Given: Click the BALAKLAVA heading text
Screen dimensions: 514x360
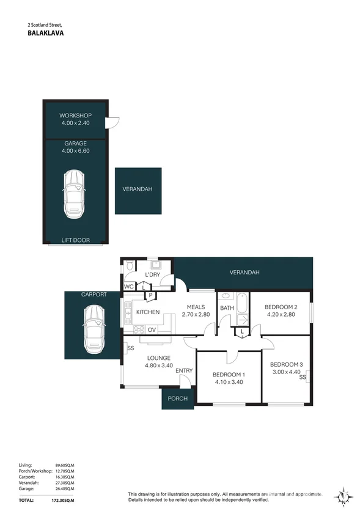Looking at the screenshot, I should coord(46,34).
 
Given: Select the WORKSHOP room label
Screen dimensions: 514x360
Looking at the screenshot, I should coord(75,116).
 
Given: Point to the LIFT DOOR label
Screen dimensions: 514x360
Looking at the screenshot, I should coord(75,240).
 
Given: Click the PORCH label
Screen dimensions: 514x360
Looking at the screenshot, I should coord(177,399).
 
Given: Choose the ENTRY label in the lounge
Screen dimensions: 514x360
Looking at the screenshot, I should coord(184,371).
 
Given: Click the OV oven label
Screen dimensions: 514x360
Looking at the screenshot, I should coord(151,330).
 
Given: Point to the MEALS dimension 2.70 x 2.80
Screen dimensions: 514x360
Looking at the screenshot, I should coord(196,315).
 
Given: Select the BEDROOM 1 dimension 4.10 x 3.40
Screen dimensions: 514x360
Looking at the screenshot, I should coord(229,383).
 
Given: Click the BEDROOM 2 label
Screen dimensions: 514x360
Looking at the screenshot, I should coord(282,307).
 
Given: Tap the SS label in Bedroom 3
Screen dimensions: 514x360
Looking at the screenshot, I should coord(302,377).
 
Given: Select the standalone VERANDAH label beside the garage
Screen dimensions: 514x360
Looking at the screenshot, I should coord(138,189).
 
